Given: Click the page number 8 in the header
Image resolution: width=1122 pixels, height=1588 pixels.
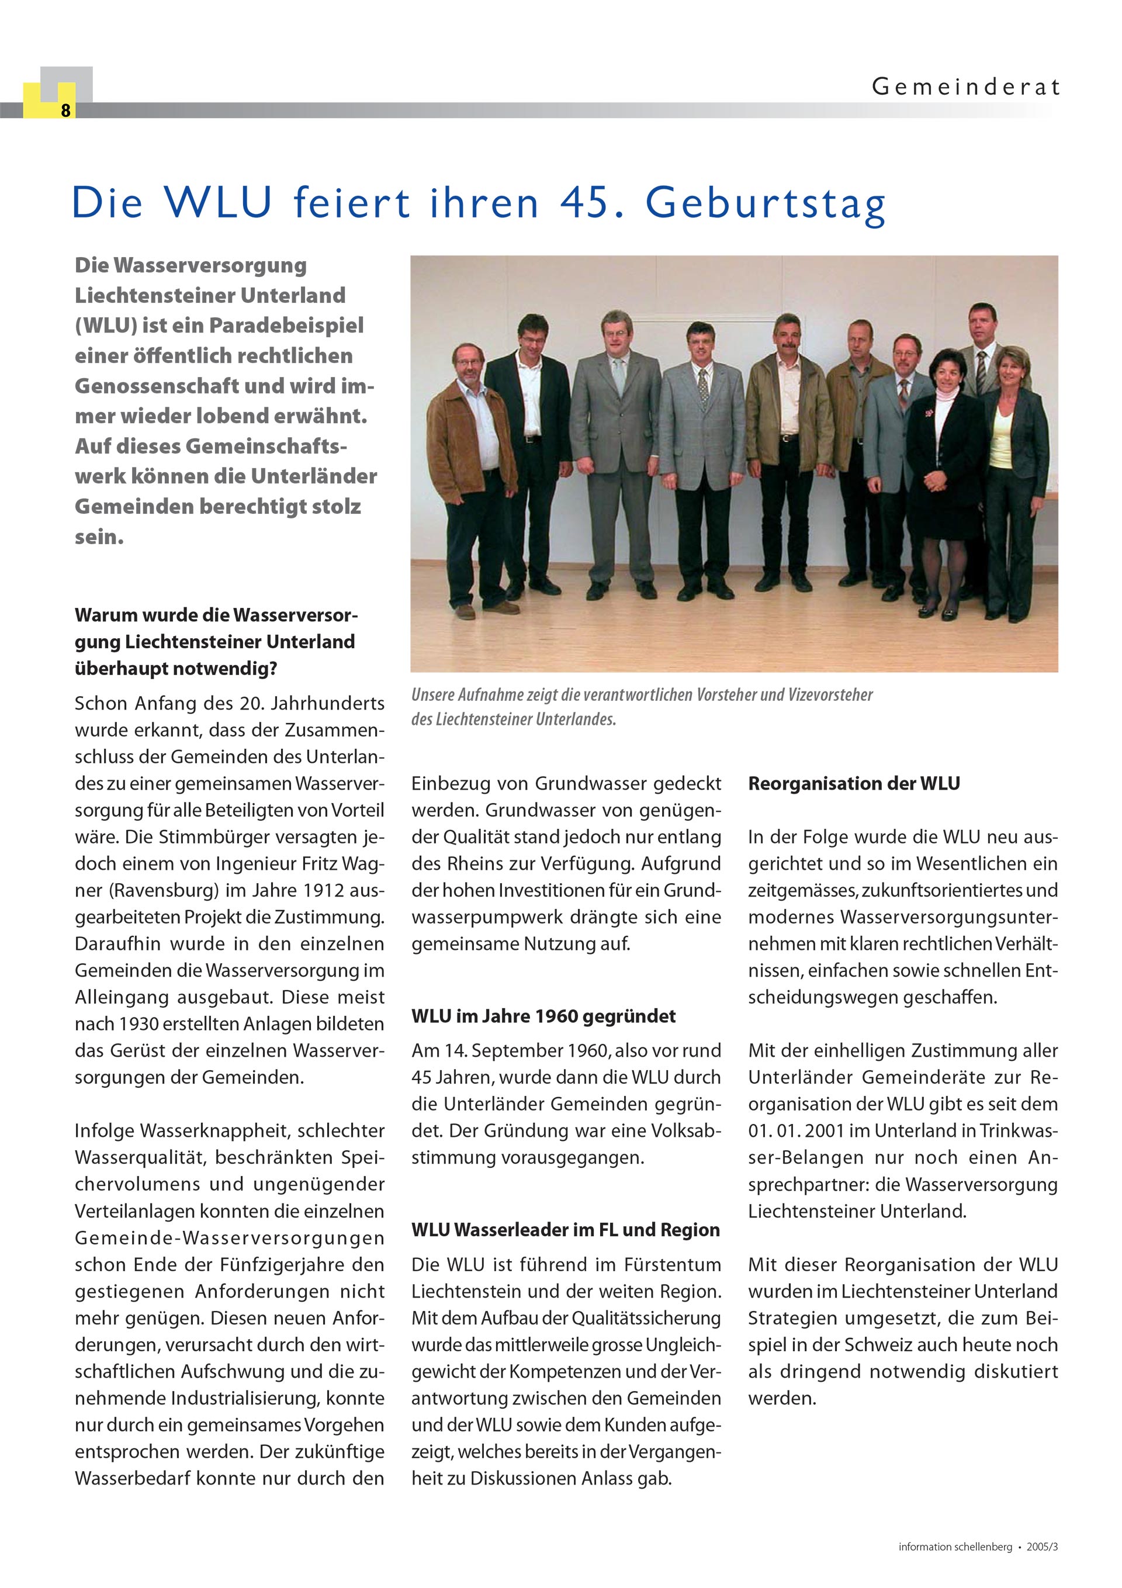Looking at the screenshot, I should click(65, 110).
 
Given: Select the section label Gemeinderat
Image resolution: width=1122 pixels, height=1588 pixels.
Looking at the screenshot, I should click(965, 87).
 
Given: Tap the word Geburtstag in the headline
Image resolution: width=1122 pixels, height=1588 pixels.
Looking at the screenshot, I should click(765, 204).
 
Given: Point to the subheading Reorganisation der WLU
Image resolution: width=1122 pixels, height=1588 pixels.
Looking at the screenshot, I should click(854, 784).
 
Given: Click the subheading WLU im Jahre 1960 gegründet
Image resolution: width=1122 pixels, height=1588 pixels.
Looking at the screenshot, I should click(543, 1016).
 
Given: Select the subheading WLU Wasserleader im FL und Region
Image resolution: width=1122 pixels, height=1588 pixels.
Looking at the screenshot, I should click(565, 1230).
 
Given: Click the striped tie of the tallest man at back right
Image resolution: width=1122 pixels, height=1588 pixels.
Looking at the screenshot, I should click(981, 371).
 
